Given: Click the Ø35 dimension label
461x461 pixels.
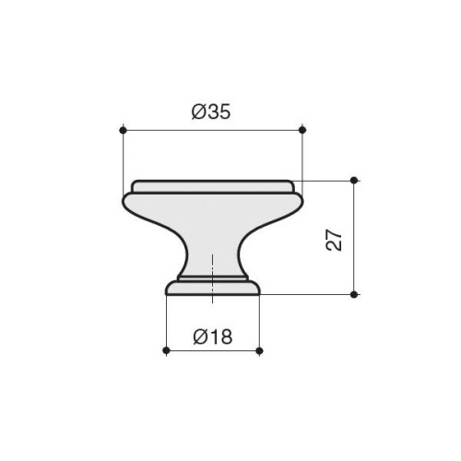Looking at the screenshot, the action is coord(211,112).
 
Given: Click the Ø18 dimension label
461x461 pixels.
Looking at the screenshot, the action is coord(213,337).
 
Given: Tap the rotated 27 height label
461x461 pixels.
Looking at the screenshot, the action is coord(334,240).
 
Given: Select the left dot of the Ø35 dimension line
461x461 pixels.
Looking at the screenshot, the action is coord(123,130).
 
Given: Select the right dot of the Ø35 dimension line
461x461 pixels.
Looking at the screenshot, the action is coord(302,130).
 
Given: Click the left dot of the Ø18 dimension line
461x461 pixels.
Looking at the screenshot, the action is coord(166,350).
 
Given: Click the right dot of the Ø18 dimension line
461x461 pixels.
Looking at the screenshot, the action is coord(259,350).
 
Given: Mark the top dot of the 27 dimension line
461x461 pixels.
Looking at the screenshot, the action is coord(354,181).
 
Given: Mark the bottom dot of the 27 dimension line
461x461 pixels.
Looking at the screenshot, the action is coord(354,295).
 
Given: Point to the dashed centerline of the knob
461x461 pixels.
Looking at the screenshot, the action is coord(212,278).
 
